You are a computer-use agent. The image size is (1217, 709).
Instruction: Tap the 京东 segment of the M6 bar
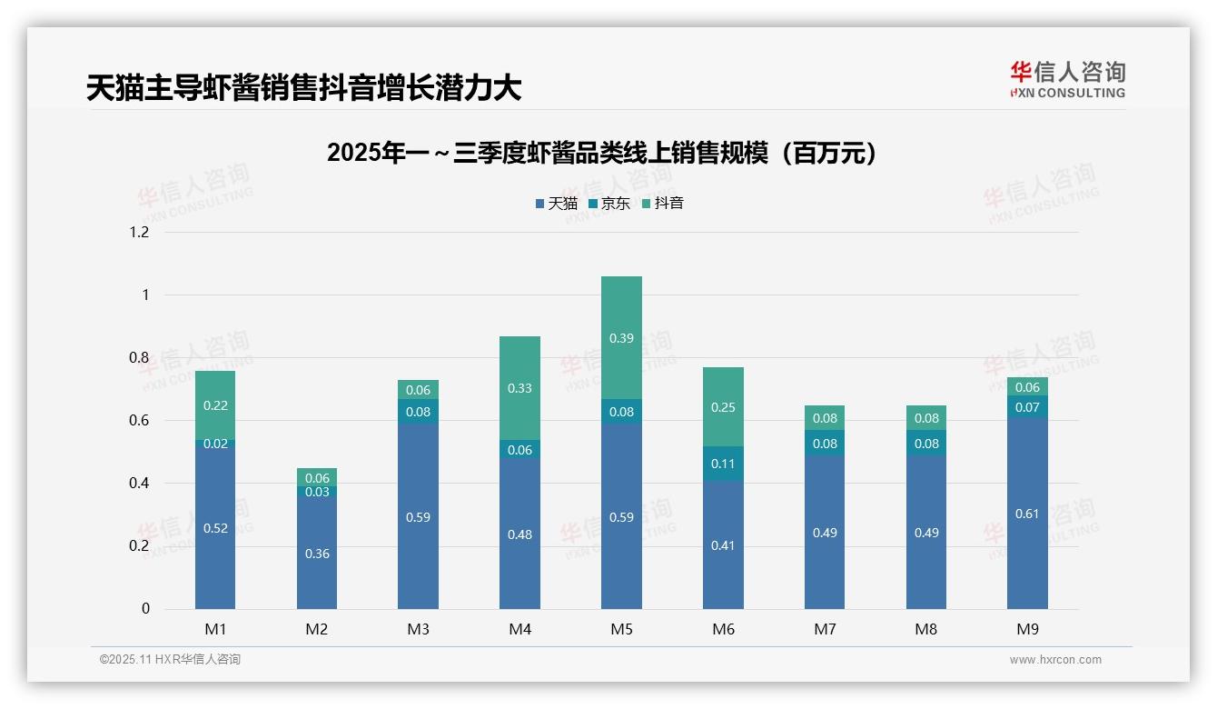pyautogui.click(x=723, y=464)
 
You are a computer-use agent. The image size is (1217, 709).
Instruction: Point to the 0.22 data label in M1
pyautogui.click(x=215, y=406)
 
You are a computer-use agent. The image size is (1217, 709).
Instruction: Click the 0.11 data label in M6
pyautogui.click(x=723, y=464)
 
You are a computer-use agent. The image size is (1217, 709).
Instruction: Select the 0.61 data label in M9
pyautogui.click(x=1027, y=514)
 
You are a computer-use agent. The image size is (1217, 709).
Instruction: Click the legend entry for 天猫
pyautogui.click(x=557, y=204)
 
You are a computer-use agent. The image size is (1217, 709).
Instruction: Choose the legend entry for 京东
pyautogui.click(x=609, y=204)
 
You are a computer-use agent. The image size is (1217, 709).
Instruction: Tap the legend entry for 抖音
pyautogui.click(x=663, y=204)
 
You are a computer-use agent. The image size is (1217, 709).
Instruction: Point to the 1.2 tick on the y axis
pyautogui.click(x=139, y=233)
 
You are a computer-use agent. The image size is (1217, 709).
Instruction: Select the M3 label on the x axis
pyautogui.click(x=419, y=629)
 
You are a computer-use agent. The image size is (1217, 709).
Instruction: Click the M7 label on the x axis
pyautogui.click(x=825, y=629)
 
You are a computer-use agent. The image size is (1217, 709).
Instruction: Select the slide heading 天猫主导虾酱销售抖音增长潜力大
pyautogui.click(x=304, y=88)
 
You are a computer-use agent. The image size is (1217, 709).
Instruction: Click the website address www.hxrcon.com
pyautogui.click(x=1055, y=660)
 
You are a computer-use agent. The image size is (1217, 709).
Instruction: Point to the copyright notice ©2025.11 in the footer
pyautogui.click(x=170, y=660)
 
